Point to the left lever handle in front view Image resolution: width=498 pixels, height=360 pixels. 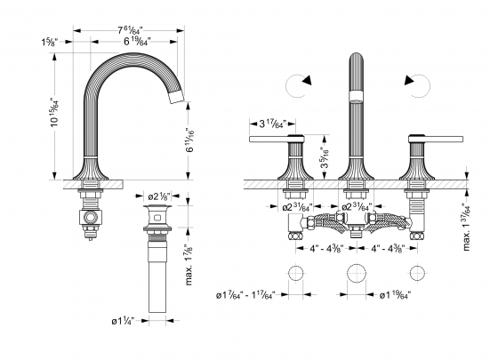tap(277, 140)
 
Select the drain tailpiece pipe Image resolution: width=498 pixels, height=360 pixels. tap(158, 284)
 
